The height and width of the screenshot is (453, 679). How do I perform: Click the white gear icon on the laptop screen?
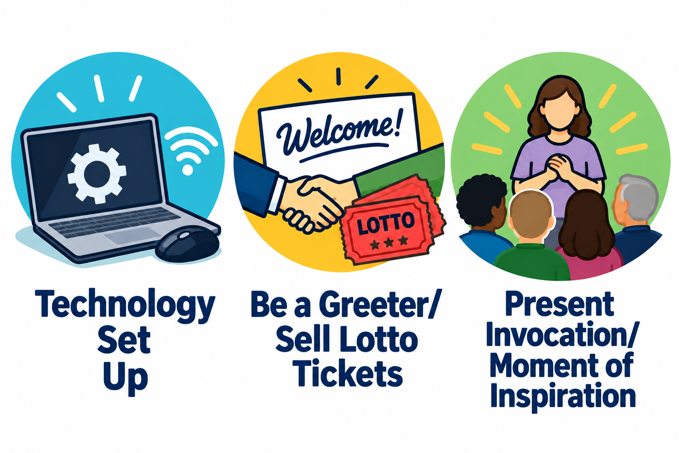point(97,174)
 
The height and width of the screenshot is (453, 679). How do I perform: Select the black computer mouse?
point(187,244)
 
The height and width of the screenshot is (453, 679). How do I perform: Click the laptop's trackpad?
point(133,235)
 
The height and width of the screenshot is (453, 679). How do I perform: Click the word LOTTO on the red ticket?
point(385,223)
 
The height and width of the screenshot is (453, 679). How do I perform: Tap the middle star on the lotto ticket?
point(389,242)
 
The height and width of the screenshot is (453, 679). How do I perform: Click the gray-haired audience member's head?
point(635,198)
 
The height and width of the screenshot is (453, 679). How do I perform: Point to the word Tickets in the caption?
point(347,372)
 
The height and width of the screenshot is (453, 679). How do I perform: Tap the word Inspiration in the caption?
point(563,396)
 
